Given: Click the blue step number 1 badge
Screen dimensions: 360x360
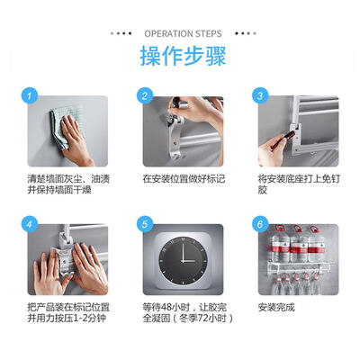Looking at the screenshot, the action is click(x=30, y=95).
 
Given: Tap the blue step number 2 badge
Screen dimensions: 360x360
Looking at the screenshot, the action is click(x=145, y=95).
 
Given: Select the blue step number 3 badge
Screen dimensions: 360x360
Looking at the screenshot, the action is click(x=260, y=95).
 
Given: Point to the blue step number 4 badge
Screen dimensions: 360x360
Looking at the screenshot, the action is click(x=30, y=224).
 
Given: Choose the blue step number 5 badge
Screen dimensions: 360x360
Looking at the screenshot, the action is click(x=145, y=224).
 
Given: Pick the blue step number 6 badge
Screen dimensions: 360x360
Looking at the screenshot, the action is click(x=260, y=224).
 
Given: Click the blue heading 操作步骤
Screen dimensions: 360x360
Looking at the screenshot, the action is click(x=183, y=56).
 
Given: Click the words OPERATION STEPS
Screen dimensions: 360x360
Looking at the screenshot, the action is click(x=183, y=33).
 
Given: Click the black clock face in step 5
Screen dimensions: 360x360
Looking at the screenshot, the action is click(x=183, y=261).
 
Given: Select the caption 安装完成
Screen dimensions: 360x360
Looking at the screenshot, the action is click(x=276, y=307).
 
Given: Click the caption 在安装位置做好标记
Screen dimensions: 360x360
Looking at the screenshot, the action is click(x=184, y=179).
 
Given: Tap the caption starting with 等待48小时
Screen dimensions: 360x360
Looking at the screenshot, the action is click(x=188, y=312).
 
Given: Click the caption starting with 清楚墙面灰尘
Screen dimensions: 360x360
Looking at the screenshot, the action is click(x=68, y=184).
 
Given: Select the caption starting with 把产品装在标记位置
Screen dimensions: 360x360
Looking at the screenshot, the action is click(x=68, y=312).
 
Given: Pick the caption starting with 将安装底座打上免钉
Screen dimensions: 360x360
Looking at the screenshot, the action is click(x=299, y=184).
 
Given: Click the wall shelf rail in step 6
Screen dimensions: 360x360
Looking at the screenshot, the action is click(x=300, y=265).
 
